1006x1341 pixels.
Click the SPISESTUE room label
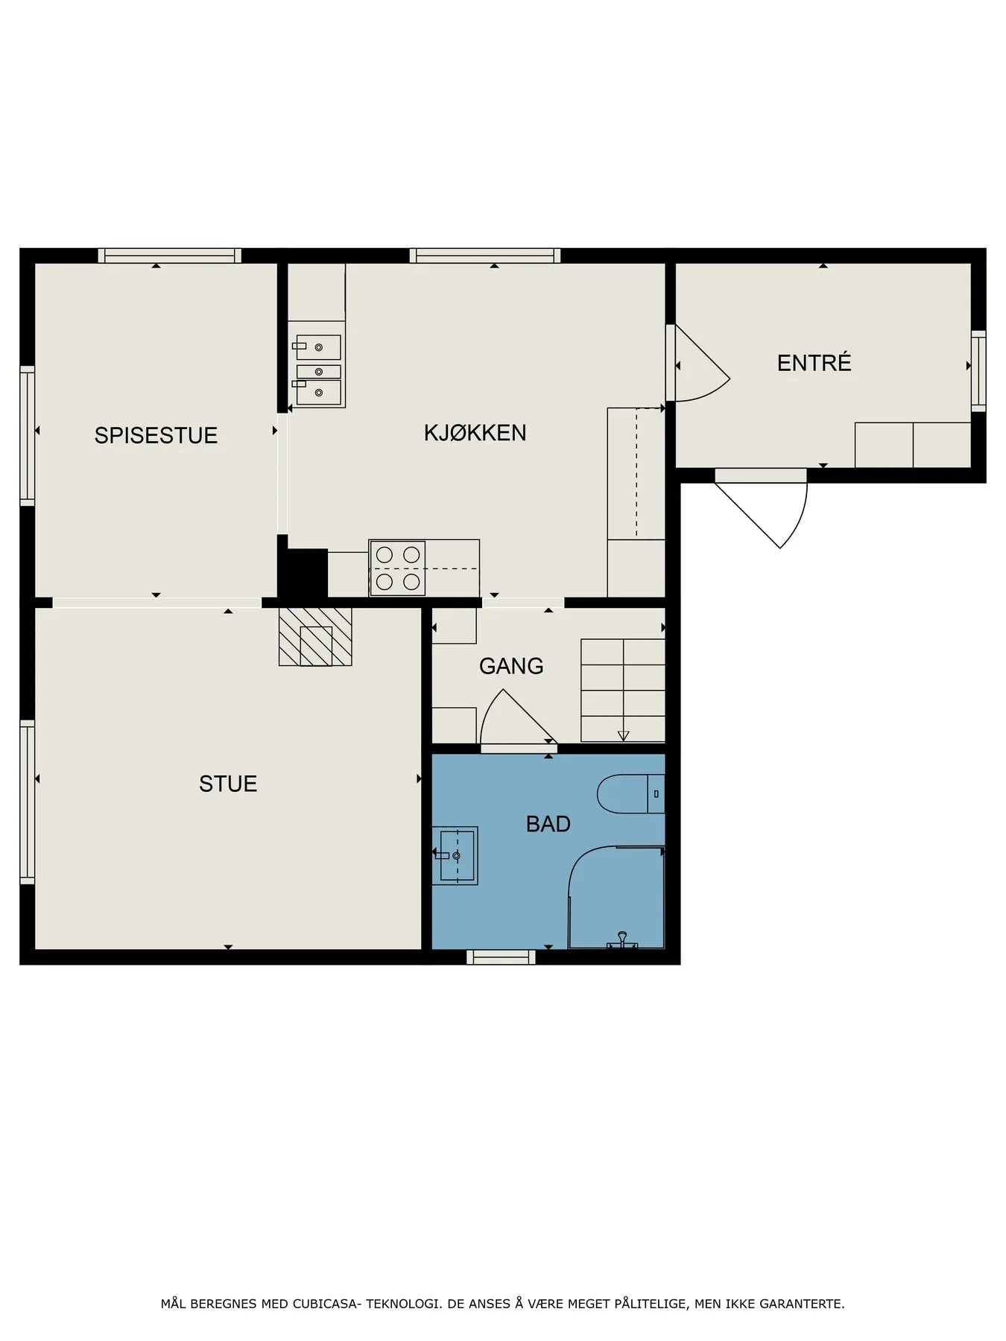156,435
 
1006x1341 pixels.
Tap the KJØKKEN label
475,432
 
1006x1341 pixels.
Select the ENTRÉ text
814,362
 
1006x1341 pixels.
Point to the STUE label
228,784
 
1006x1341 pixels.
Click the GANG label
511,666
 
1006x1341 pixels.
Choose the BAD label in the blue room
548,824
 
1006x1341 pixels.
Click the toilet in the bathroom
630,794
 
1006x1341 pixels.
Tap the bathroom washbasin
455,855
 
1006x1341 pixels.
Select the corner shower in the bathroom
616,897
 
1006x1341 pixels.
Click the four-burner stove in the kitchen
397,568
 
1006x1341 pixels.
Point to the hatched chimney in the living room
315,637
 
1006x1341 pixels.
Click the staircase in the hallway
623,690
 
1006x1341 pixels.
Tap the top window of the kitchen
484,256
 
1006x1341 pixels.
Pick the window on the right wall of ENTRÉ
978,370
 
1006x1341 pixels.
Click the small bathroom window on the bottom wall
501,957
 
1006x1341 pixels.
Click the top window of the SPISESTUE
170,256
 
